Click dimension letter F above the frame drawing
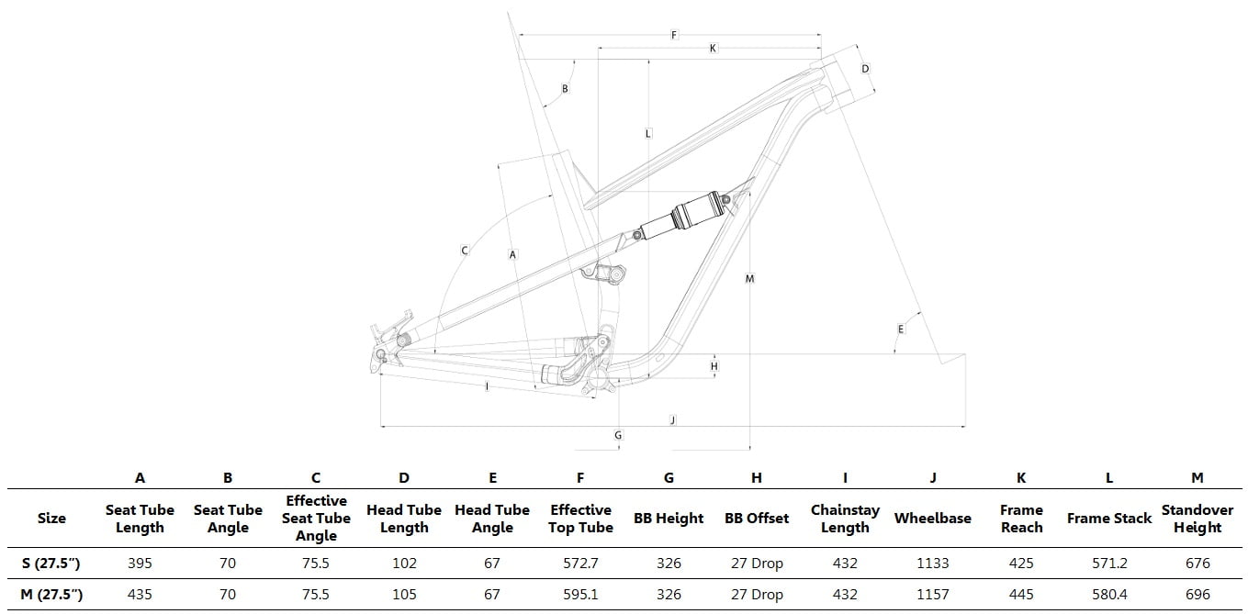(674, 35)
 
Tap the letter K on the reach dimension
(713, 48)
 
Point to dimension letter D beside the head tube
(865, 69)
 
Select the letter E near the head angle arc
(901, 329)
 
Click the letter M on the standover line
(749, 278)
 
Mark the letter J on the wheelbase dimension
(673, 419)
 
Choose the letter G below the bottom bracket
(618, 435)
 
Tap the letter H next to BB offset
(714, 366)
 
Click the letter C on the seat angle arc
(465, 251)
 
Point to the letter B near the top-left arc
(565, 88)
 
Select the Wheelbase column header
(932, 519)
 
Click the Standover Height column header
(1197, 519)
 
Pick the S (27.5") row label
(51, 564)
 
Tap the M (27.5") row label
(51, 595)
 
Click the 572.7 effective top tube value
(580, 564)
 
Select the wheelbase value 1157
(932, 595)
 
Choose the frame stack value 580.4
(1109, 595)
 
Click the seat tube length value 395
(140, 564)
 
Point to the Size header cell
(51, 519)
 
